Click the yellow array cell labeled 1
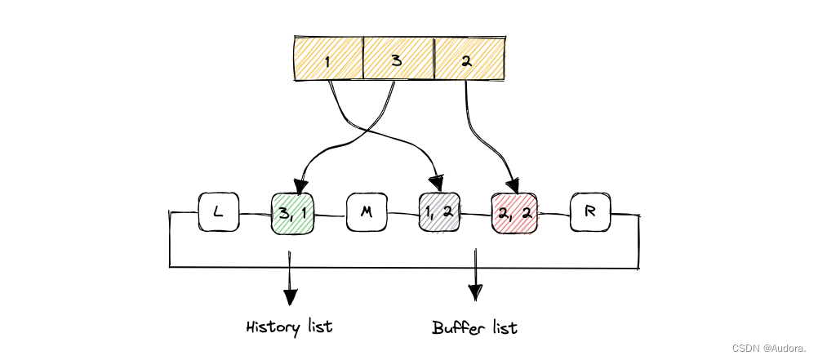pos(328,60)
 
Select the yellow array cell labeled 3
pos(398,60)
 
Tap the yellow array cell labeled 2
pos(469,60)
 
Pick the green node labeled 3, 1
pos(292,214)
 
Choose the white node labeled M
pos(367,213)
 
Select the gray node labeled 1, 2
pos(440,214)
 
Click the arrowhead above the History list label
pos(289,294)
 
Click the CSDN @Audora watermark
pos(768,348)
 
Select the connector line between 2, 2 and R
pos(552,215)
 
